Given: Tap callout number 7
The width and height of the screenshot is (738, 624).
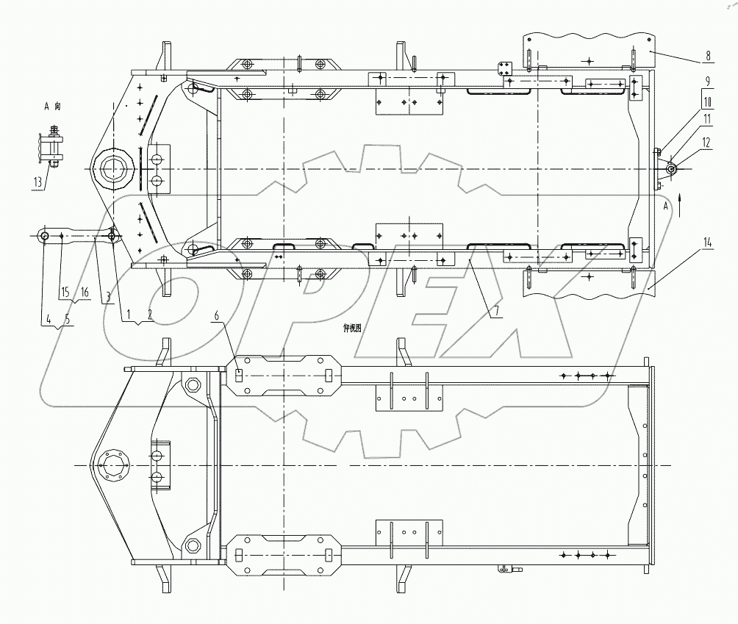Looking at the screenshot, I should (x=497, y=311).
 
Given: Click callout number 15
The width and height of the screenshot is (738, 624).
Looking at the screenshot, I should (x=65, y=293).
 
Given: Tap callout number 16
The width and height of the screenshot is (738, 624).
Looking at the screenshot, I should (x=85, y=293).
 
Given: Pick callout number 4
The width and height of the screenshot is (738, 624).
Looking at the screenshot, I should (x=49, y=318).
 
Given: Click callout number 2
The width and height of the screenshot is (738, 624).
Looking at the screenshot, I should (x=151, y=313).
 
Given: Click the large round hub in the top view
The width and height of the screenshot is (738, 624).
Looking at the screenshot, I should (x=113, y=171).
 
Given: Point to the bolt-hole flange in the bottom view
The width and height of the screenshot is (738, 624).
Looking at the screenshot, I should (x=114, y=465).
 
